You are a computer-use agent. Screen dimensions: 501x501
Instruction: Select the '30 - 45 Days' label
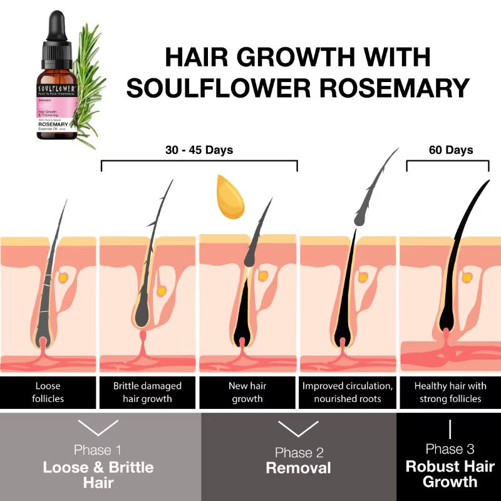(x=199, y=150)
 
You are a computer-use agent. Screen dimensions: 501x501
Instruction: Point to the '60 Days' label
(x=450, y=150)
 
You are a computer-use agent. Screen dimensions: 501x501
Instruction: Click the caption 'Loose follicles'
(x=49, y=392)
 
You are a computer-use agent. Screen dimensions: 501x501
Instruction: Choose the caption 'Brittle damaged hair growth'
(x=148, y=392)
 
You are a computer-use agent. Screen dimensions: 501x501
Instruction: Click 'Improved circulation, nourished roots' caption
(x=348, y=392)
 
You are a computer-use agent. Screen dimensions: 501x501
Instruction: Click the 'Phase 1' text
(x=98, y=450)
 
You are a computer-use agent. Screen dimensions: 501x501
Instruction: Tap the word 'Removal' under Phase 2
(x=298, y=468)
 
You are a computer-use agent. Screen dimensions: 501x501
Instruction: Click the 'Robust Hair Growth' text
(x=450, y=474)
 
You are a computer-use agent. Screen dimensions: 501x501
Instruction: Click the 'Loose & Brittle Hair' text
(x=98, y=475)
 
